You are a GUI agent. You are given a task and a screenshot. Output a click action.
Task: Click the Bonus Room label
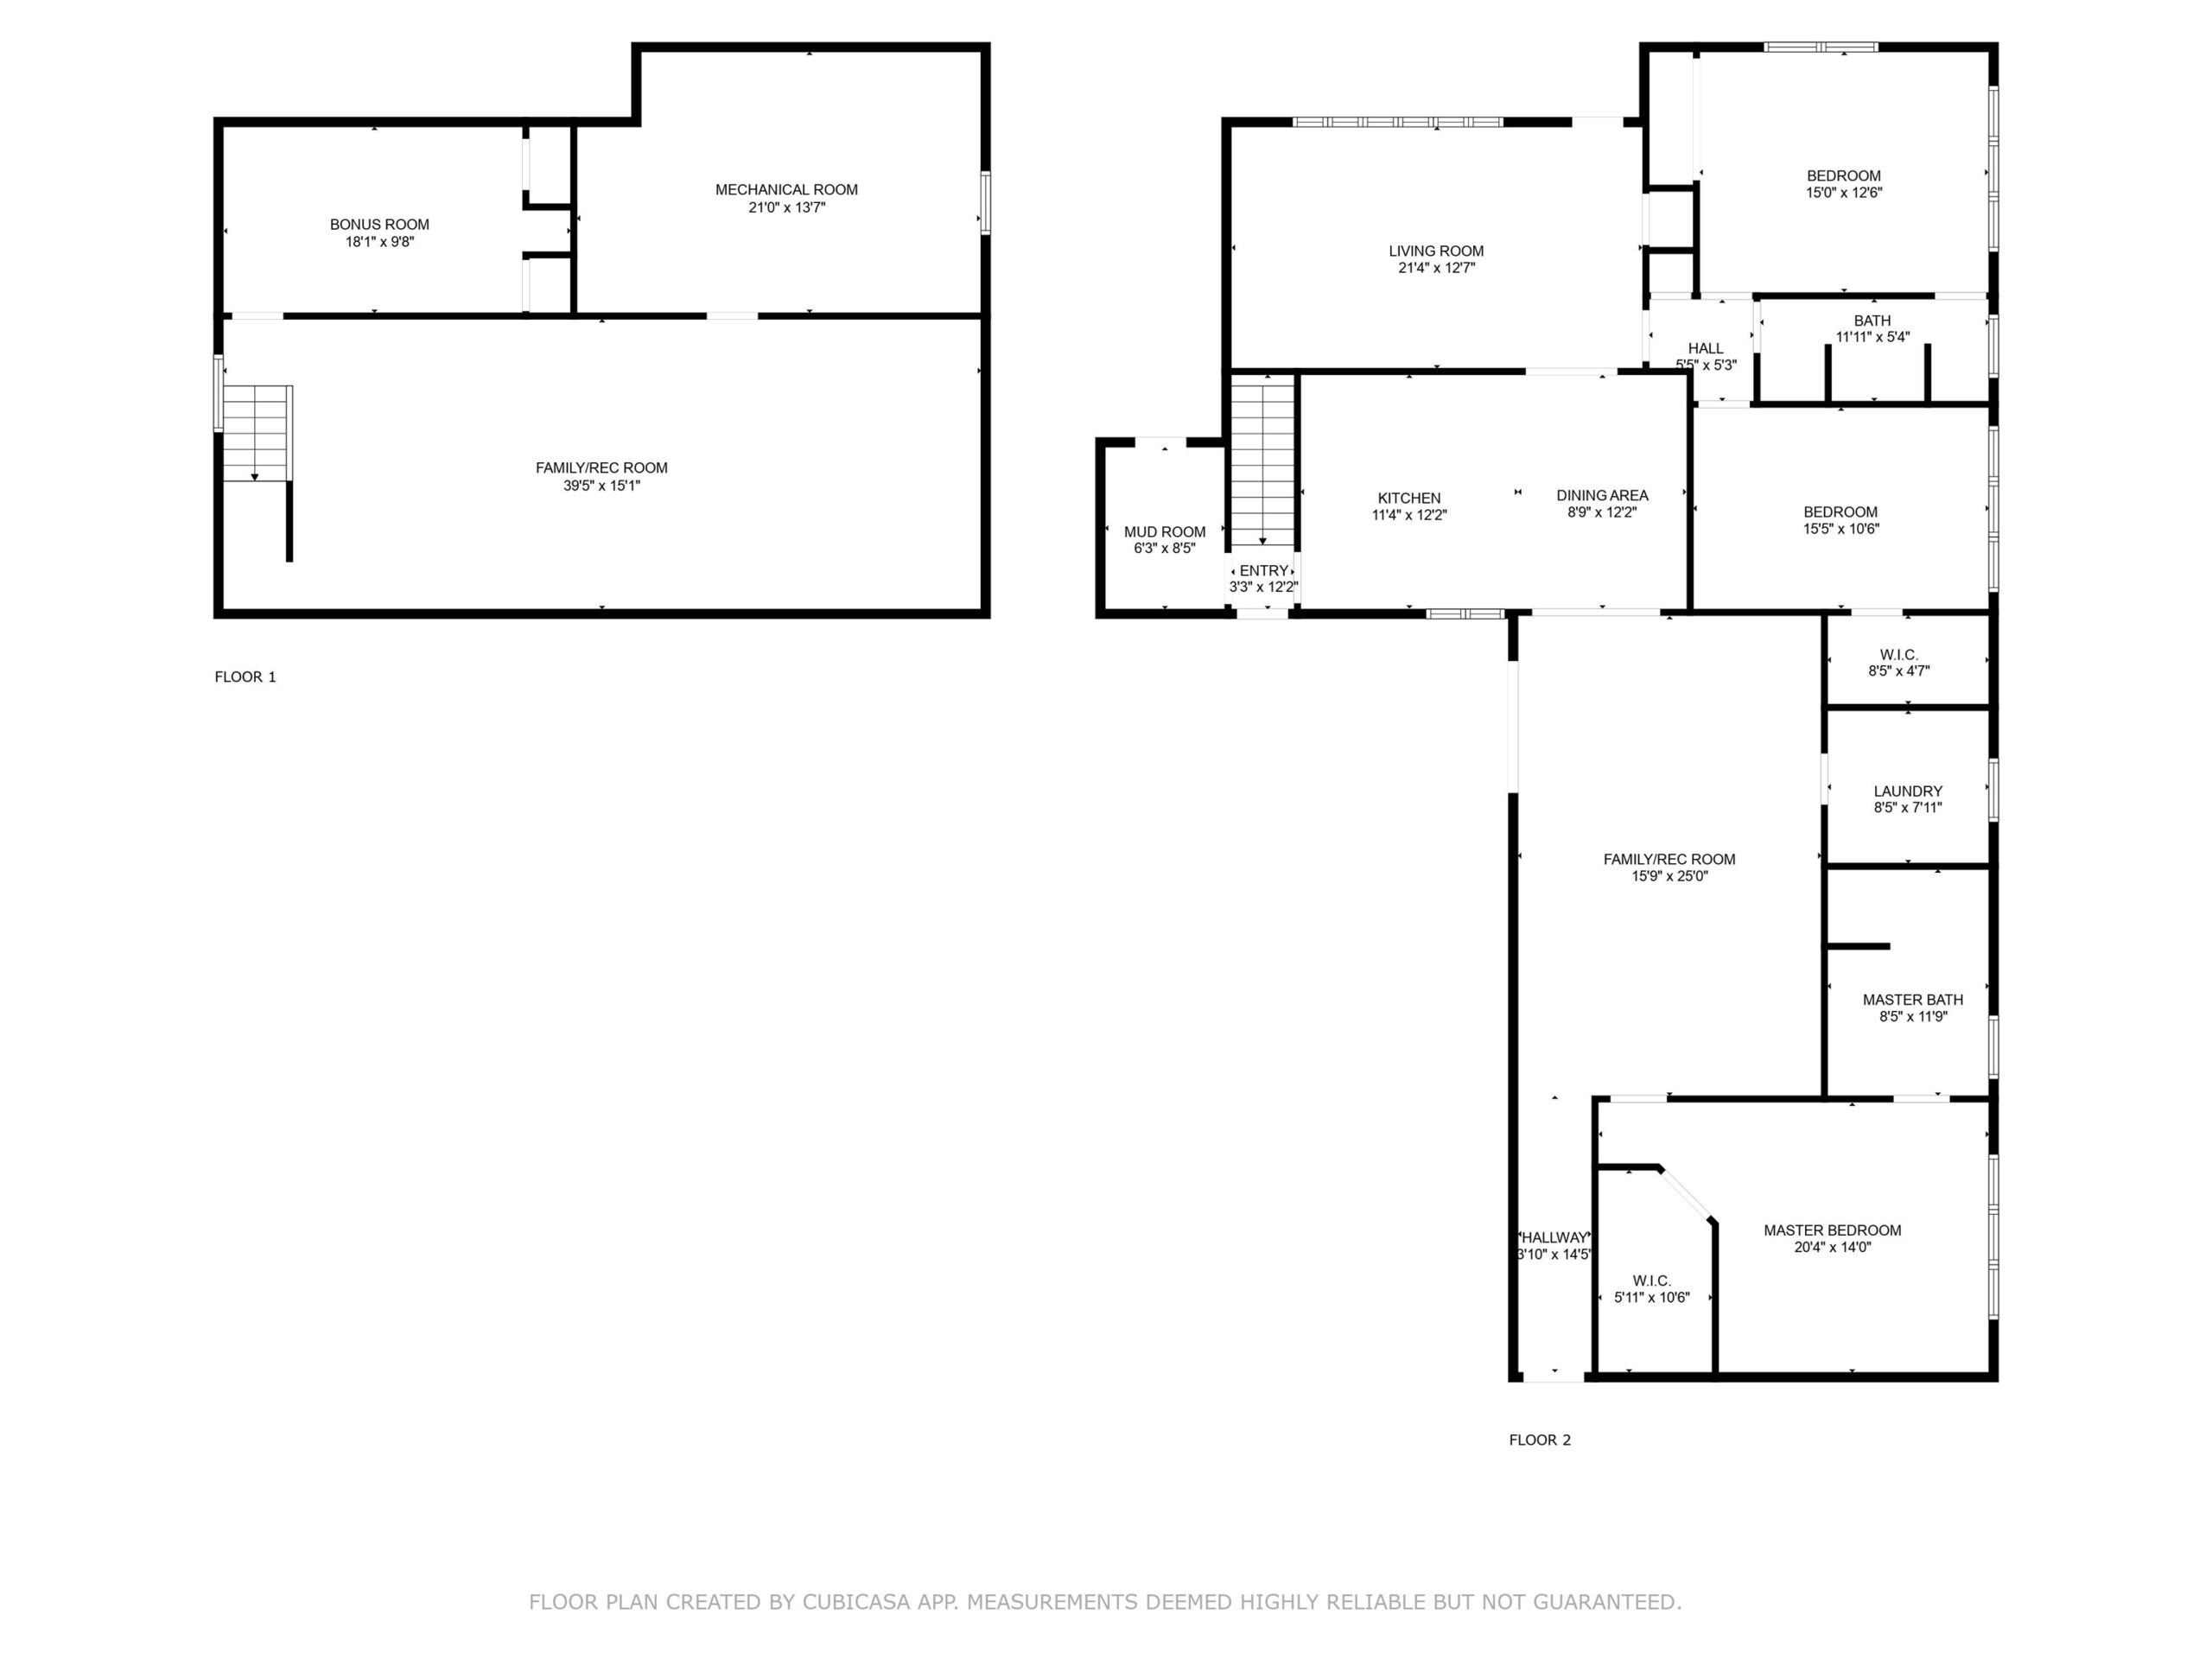(x=379, y=225)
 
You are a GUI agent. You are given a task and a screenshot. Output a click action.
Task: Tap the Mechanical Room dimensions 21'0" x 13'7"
(x=787, y=208)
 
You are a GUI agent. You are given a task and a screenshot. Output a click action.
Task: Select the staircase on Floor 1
(x=257, y=433)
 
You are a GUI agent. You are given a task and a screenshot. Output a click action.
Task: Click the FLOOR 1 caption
(x=245, y=677)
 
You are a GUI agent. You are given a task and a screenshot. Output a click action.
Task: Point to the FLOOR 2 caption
(x=1540, y=1440)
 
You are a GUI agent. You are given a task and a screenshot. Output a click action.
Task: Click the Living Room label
(x=1436, y=251)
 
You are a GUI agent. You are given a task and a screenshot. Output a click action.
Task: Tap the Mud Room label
(x=1165, y=532)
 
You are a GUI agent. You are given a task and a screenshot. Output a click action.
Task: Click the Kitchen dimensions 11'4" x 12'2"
(x=1409, y=516)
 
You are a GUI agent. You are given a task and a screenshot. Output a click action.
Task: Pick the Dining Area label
(x=1602, y=495)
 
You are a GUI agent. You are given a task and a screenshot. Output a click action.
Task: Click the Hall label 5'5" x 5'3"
(x=1706, y=357)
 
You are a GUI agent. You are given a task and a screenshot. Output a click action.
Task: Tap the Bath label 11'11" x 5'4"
(x=1873, y=329)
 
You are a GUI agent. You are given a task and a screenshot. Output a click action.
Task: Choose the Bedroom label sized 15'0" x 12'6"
(x=1844, y=184)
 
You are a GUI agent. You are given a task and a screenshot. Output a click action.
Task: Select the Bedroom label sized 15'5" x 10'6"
(x=1841, y=520)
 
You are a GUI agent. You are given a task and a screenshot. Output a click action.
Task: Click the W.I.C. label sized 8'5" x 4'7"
(x=1899, y=663)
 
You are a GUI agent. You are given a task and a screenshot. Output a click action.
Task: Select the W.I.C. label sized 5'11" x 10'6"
(x=1652, y=1290)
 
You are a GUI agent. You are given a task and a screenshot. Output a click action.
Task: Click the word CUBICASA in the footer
(x=856, y=1602)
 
